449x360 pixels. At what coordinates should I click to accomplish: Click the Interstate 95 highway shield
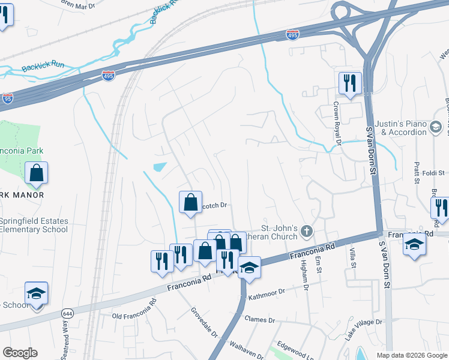coord(7,100)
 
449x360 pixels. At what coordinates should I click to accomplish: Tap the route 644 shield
coord(67,313)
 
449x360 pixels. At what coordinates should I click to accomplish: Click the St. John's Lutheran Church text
coord(279,232)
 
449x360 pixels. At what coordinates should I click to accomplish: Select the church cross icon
coord(307,231)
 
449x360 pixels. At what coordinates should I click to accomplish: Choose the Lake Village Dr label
coord(363,331)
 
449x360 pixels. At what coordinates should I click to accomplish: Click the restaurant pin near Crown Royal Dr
coord(349,83)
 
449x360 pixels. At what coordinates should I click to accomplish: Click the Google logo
coord(20,353)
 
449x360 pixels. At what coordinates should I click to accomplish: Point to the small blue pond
coord(160,167)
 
